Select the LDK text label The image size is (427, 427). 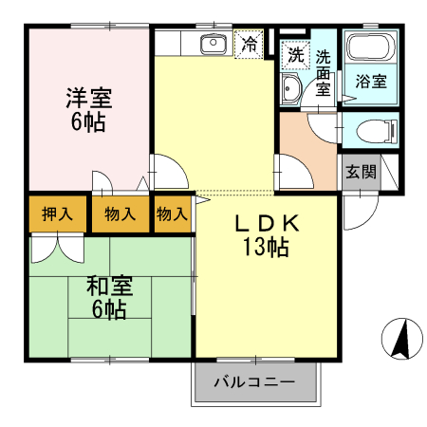(x=268, y=224)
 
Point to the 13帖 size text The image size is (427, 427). (x=265, y=249)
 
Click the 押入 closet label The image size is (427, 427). (x=57, y=213)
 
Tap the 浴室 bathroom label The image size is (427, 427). (x=370, y=82)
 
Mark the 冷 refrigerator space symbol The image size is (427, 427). (x=250, y=44)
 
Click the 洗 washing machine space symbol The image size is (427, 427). (x=295, y=55)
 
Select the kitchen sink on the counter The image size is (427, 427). (x=212, y=45)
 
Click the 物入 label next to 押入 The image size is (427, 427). (x=120, y=213)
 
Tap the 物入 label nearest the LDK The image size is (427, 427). (x=172, y=213)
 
